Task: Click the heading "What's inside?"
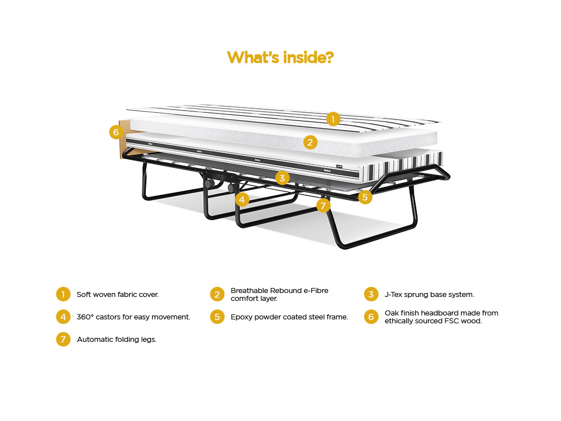280,57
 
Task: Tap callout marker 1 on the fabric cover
333,119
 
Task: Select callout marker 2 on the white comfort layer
310,143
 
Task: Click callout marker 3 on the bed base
282,178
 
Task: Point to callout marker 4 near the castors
242,199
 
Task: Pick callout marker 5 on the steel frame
365,197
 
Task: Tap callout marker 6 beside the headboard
116,132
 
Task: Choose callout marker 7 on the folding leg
324,205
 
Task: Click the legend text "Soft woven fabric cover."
118,295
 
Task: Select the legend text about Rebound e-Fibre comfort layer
279,294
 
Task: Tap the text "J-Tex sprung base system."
429,295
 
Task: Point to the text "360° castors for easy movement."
134,317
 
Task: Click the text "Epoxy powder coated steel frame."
289,317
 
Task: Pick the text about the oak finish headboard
442,317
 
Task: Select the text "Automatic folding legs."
117,340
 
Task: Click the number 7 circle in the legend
63,340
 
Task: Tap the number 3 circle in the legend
371,294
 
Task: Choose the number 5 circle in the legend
217,317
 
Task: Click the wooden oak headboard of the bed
125,140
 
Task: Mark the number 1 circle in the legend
63,294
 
